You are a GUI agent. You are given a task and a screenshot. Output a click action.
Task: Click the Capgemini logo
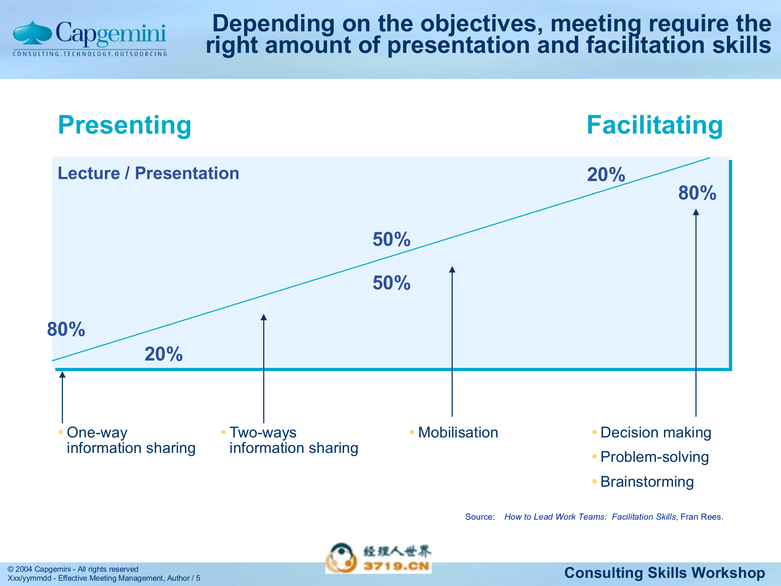[x=89, y=38]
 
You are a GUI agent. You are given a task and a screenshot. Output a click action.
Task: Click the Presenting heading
[x=124, y=125]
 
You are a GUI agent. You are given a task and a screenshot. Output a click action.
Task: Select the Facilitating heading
[x=654, y=125]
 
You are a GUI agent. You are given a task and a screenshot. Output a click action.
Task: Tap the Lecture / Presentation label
[x=148, y=173]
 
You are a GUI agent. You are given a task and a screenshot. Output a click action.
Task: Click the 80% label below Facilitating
[x=697, y=193]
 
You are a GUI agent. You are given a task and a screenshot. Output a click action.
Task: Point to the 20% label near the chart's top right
[x=606, y=175]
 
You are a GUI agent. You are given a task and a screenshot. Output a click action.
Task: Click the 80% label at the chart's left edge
[x=66, y=329]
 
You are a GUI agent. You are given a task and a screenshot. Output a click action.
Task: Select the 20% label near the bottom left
[x=164, y=354]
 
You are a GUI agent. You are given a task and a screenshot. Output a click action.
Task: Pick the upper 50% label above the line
[x=391, y=239]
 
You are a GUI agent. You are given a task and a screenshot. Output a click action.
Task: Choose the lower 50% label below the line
[x=391, y=283]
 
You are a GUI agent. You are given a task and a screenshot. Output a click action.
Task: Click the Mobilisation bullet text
[x=458, y=433]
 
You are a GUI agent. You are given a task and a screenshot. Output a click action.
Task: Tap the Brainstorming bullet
[x=647, y=482]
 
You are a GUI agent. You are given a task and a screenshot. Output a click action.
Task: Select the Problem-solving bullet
[x=654, y=457]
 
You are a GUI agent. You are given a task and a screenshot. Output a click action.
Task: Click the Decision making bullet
[x=655, y=433]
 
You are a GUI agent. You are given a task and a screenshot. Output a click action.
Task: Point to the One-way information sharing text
[x=131, y=440]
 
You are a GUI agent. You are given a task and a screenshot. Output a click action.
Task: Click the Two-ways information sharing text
[x=293, y=440]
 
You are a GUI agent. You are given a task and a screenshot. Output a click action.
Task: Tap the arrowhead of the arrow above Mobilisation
[x=452, y=269]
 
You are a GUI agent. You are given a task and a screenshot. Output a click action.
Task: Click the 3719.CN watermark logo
[x=378, y=558]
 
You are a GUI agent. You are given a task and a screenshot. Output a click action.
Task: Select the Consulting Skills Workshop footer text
[x=664, y=573]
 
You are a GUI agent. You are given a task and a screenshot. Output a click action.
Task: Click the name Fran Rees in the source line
[x=701, y=517]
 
